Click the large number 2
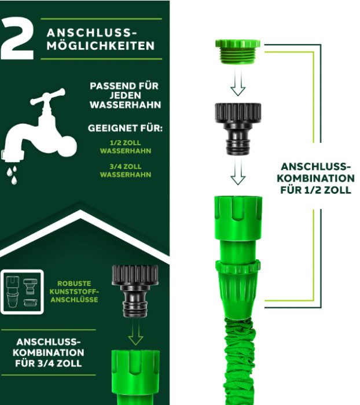pyautogui.click(x=17, y=39)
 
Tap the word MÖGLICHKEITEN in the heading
pyautogui.click(x=101, y=46)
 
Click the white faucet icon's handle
pyautogui.click(x=48, y=97)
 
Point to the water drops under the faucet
pyautogui.click(x=12, y=175)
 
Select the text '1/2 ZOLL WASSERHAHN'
pyautogui.click(x=126, y=147)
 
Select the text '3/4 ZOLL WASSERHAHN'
pyautogui.click(x=126, y=171)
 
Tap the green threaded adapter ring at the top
pyautogui.click(x=238, y=51)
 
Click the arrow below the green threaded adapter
pyautogui.click(x=238, y=82)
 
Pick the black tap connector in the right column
pyautogui.click(x=238, y=128)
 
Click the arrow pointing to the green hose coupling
pyautogui.click(x=238, y=171)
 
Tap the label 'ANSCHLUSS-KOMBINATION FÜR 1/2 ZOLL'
pyautogui.click(x=315, y=178)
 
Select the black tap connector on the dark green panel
pyautogui.click(x=135, y=291)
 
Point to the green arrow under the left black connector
pyautogui.click(x=135, y=333)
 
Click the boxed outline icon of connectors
pyautogui.click(x=22, y=292)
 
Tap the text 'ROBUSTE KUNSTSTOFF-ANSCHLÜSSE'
pyautogui.click(x=74, y=292)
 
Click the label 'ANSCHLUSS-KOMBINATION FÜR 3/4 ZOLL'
pyautogui.click(x=48, y=352)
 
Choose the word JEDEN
pyautogui.click(x=125, y=95)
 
